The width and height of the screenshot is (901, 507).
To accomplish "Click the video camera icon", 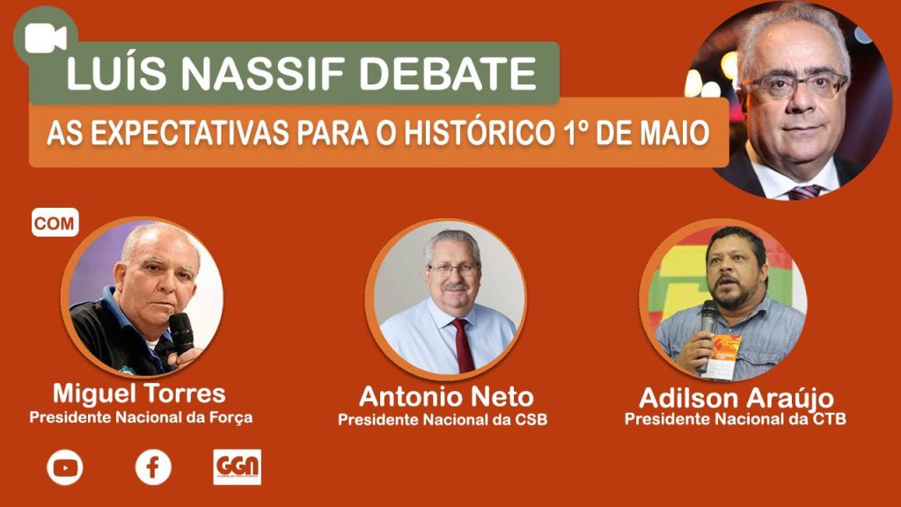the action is coord(46,37).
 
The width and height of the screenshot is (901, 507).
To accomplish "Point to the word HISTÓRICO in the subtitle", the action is coord(477,133).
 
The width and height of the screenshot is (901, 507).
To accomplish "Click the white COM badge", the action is coord(55,223).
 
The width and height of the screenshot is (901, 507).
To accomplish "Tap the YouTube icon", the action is coord(65,467).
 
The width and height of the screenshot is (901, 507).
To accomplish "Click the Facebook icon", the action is coord(153,467).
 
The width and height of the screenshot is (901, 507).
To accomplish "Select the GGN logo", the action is coord(238,467).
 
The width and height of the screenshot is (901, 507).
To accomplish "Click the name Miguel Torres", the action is coord(139,394).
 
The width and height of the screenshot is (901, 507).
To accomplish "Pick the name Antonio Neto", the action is coord(446,397).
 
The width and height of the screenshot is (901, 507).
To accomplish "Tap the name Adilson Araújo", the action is coord(736,399).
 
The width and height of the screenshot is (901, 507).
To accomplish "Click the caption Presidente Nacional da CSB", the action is coord(443,420).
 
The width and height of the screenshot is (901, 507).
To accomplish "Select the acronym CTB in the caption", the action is coord(830,418).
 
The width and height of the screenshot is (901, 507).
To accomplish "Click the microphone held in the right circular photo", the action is coord(708,325).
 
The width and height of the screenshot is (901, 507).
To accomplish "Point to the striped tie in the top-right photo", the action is coord(805,192).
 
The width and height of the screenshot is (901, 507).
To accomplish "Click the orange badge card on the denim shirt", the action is coord(724,356).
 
